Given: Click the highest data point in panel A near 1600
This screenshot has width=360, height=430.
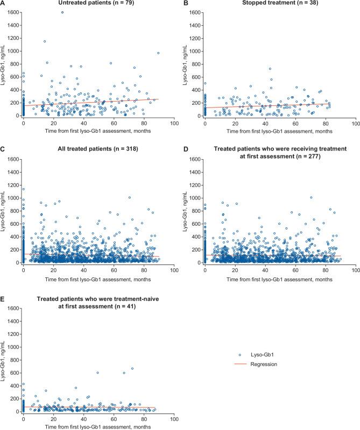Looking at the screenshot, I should (x=62, y=12).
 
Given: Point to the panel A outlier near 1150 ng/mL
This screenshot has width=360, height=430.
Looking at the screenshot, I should (x=45, y=41).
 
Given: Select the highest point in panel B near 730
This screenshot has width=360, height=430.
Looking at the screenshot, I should (x=270, y=68).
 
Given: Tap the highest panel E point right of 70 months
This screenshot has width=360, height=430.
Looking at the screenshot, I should (x=132, y=368).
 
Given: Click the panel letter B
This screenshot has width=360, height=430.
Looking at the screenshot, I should (x=186, y=4).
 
